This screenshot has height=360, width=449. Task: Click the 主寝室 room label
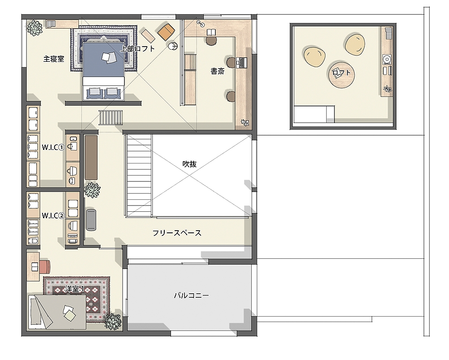(x=54, y=59)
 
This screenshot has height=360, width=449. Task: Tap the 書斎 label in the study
(x=218, y=71)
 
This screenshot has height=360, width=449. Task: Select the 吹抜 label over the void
(x=189, y=164)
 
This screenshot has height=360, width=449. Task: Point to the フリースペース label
(x=177, y=233)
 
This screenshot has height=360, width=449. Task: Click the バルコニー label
(x=192, y=295)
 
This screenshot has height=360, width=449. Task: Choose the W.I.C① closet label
(x=53, y=147)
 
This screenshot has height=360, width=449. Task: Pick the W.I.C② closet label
(x=53, y=215)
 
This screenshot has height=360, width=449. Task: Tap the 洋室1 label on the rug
(x=74, y=289)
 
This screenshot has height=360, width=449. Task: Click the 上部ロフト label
(x=137, y=49)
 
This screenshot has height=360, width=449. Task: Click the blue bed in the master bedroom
(x=103, y=71)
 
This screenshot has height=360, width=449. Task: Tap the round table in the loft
(x=341, y=73)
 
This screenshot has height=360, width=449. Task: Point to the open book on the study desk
(x=211, y=32)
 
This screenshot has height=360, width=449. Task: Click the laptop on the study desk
(x=241, y=62)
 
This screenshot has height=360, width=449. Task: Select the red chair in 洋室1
(x=45, y=266)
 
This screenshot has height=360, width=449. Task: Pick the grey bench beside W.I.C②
(x=91, y=220)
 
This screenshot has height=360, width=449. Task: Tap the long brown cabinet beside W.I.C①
(x=91, y=158)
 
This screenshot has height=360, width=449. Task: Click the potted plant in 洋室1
(x=113, y=321)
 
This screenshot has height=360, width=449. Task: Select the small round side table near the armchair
(x=173, y=46)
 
